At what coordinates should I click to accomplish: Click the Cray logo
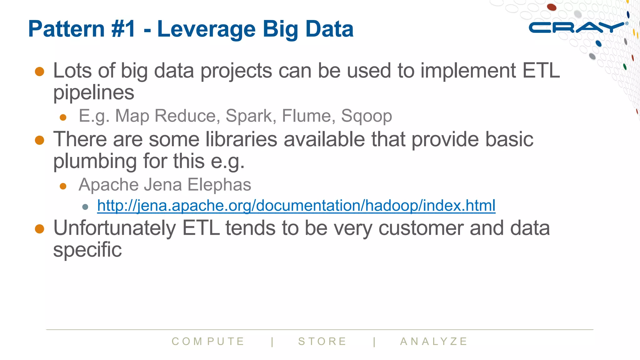(577, 28)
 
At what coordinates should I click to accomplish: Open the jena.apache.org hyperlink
(296, 206)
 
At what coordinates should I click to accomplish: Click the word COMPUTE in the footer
(208, 341)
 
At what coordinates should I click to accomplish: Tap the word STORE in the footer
(322, 341)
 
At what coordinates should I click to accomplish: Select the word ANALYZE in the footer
(434, 341)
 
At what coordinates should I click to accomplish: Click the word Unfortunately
(114, 228)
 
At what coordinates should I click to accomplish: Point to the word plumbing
(95, 162)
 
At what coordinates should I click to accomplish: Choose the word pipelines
(94, 93)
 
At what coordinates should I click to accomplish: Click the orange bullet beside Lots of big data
(40, 71)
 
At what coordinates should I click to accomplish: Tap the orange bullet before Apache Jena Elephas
(63, 186)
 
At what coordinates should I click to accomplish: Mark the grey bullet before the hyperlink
(85, 207)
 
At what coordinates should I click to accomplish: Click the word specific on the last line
(87, 250)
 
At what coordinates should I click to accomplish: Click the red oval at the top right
(552, 7)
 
